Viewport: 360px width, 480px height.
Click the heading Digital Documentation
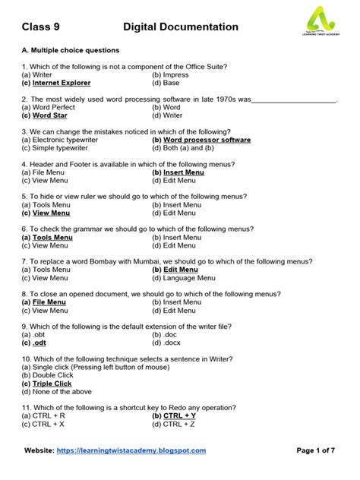click(181, 27)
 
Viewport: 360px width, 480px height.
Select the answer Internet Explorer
click(61, 83)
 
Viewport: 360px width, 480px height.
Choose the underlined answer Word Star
click(49, 115)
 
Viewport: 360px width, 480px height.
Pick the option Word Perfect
click(49, 107)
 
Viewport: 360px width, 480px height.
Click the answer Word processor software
click(207, 140)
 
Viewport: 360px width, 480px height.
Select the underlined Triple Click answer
click(52, 384)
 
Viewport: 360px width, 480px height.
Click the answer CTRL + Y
click(179, 416)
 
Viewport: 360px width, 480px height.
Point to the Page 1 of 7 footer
click(315, 450)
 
